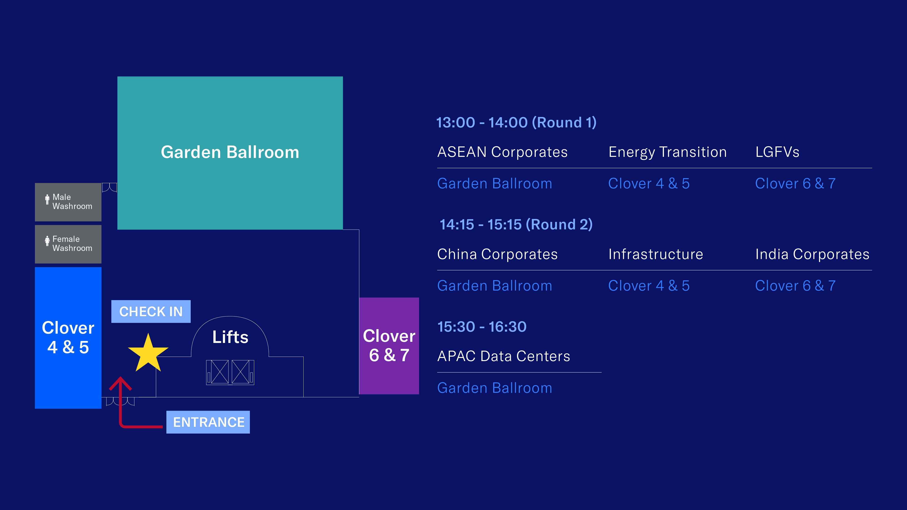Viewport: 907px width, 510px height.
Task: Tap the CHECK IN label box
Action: pos(151,311)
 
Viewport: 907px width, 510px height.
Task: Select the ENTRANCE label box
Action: pos(208,422)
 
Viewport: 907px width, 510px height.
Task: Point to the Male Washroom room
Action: pos(68,202)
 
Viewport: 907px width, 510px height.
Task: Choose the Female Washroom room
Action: pos(68,244)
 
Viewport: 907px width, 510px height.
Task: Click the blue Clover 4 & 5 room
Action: pos(68,338)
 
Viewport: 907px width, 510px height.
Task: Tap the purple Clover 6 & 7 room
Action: pos(389,346)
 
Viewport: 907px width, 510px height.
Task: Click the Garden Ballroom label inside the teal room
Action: pos(230,152)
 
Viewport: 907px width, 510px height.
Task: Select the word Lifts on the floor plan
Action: pos(230,337)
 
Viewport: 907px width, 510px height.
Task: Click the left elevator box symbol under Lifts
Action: pos(218,372)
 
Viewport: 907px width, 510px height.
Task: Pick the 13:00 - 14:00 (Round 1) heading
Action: pos(516,122)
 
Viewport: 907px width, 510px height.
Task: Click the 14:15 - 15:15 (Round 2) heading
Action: pos(516,225)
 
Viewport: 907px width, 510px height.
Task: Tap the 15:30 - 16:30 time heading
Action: pos(482,327)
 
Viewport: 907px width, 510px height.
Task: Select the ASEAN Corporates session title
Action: pos(502,152)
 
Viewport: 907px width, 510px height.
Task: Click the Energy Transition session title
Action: pos(668,152)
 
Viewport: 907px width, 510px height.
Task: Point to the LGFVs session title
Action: pos(778,152)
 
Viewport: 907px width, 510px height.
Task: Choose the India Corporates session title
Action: pos(812,254)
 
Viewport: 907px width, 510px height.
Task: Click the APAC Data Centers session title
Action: pos(503,356)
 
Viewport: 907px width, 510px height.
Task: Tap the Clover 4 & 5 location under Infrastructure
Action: pos(649,286)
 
